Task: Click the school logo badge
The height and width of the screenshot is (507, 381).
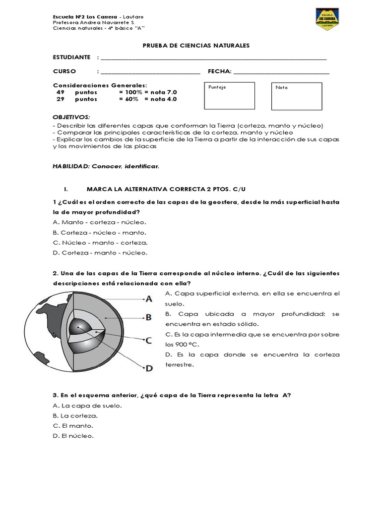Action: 327,19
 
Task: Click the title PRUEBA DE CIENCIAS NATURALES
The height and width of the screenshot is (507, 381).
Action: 196,46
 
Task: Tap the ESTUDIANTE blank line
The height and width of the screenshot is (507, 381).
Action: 213,58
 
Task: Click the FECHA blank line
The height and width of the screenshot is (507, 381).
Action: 281,72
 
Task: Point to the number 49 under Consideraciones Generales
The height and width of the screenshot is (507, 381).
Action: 60,92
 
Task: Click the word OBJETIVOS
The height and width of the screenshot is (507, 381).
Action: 71,117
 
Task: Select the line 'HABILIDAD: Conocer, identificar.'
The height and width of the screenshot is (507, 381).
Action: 106,166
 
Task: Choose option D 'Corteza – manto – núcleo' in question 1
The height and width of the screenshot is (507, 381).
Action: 100,253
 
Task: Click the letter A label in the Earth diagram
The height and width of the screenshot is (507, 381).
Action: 148,299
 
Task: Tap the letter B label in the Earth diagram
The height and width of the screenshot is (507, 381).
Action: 148,318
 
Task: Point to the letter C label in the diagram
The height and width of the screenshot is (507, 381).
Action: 148,340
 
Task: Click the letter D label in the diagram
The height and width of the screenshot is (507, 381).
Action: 149,368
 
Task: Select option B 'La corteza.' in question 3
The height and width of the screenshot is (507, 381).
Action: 75,416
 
